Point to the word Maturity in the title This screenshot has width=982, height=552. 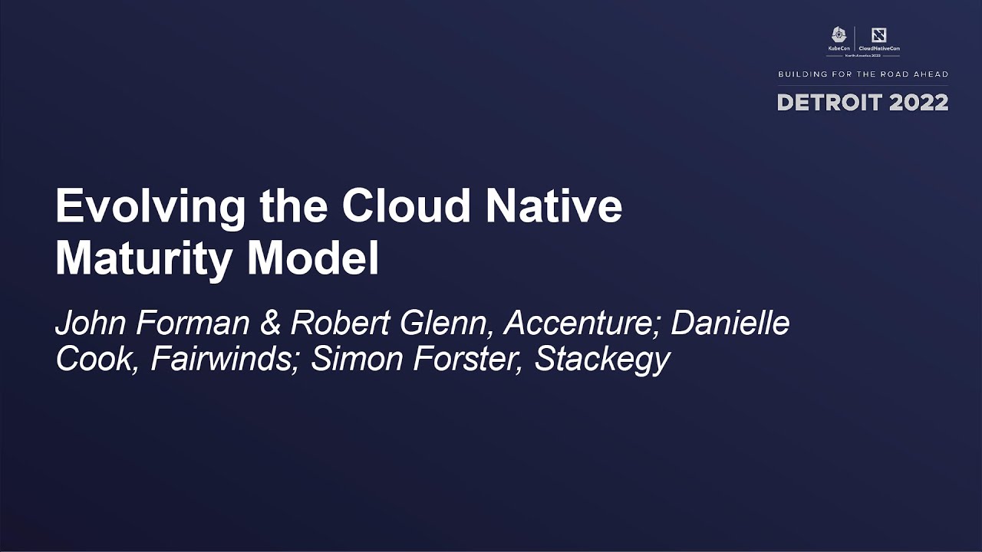click(x=143, y=261)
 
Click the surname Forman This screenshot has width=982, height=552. click(x=193, y=324)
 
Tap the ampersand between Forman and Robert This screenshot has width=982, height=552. click(x=270, y=324)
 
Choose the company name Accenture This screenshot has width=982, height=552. click(x=582, y=324)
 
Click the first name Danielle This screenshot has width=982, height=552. click(x=730, y=324)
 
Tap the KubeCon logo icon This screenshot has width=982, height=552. click(x=839, y=35)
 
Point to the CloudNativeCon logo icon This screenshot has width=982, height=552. click(x=879, y=35)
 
